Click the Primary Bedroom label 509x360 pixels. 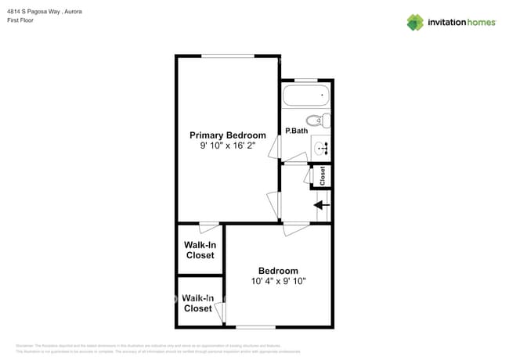tap(227, 135)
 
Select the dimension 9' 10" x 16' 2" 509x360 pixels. tap(227, 146)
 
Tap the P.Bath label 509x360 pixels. tap(295, 131)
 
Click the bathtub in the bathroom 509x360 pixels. tap(306, 96)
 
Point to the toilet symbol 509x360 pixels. tap(316, 121)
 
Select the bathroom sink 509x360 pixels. tap(322, 146)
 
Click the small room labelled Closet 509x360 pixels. tap(322, 176)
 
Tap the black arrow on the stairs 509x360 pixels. tap(322, 206)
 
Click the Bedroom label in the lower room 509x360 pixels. tap(278, 271)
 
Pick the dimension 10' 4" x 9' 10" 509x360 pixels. tap(278, 281)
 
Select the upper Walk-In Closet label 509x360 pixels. tap(200, 250)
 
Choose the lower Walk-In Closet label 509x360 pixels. tap(197, 303)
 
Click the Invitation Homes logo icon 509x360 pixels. tap(415, 22)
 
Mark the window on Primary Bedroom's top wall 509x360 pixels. tap(228, 56)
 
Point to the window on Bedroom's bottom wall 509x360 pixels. tap(255, 326)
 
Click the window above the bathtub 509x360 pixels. tap(306, 79)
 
